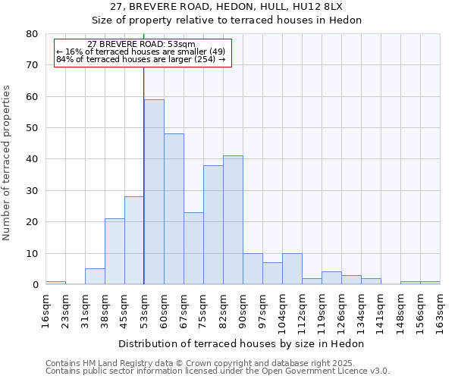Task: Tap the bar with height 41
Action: (233, 220)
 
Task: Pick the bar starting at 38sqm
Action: (115, 252)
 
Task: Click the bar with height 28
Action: (134, 240)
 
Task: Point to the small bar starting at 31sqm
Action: (95, 277)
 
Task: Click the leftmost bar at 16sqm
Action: (55, 283)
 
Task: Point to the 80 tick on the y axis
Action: (31, 34)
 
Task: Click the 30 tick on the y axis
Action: (31, 190)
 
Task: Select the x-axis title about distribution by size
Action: (242, 343)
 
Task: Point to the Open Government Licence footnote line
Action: (218, 371)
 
